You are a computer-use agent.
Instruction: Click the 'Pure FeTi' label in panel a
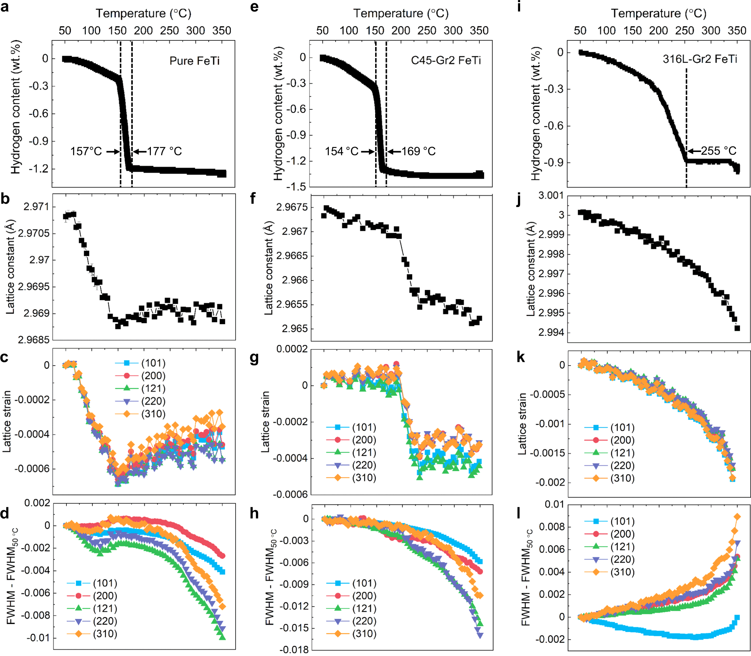[x=194, y=61]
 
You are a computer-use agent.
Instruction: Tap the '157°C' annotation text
[x=86, y=151]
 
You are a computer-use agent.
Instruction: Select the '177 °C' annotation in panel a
[x=164, y=151]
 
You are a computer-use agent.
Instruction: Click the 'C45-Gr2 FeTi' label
[x=446, y=60]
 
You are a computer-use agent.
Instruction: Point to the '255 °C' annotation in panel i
[x=718, y=151]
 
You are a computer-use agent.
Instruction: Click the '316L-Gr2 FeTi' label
[x=700, y=59]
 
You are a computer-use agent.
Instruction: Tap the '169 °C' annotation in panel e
[x=418, y=151]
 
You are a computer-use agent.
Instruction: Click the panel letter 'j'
[x=519, y=200]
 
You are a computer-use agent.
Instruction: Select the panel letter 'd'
[x=5, y=513]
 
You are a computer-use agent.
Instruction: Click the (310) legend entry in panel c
[x=153, y=414]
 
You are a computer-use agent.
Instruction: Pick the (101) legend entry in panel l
[x=622, y=521]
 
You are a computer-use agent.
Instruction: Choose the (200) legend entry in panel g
[x=364, y=440]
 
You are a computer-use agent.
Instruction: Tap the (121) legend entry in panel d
[x=105, y=608]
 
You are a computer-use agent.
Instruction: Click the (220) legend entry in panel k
[x=622, y=465]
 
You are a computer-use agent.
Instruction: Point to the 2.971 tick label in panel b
[x=36, y=207]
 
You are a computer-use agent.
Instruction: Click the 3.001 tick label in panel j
[x=551, y=195]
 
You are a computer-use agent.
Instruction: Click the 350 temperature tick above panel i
[x=737, y=30]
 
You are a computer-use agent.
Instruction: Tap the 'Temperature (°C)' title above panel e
[x=401, y=14]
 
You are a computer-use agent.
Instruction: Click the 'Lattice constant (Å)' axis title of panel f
[x=269, y=268]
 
